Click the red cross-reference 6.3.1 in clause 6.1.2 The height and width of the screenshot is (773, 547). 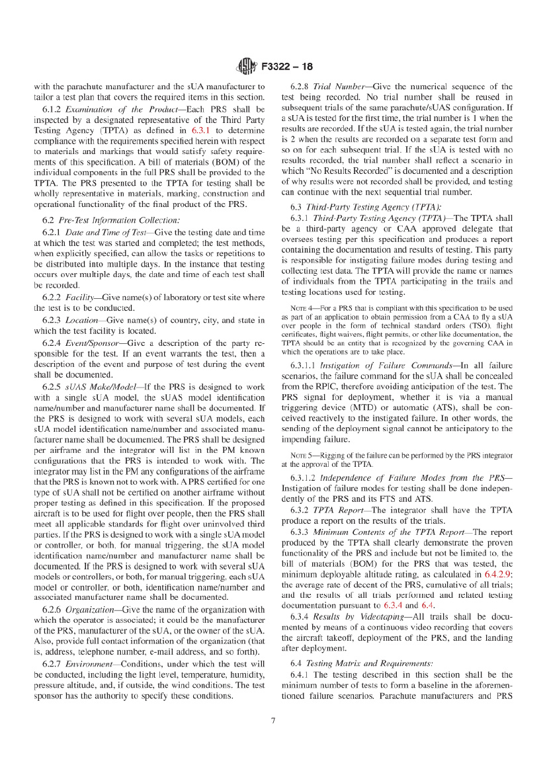(x=201, y=131)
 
